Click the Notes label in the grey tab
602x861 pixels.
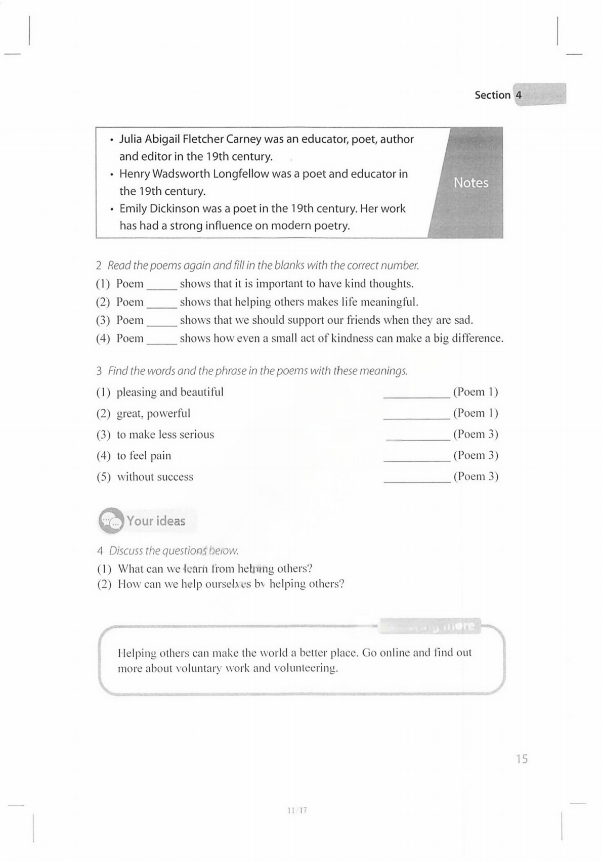click(470, 183)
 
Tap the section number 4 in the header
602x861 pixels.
click(519, 95)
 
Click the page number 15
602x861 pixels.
click(522, 759)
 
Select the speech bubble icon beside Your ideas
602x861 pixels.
click(111, 521)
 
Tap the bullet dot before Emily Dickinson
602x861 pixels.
click(111, 209)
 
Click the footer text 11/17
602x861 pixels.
click(297, 810)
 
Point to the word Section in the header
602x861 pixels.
click(492, 95)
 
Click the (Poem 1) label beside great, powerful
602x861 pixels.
click(476, 413)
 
